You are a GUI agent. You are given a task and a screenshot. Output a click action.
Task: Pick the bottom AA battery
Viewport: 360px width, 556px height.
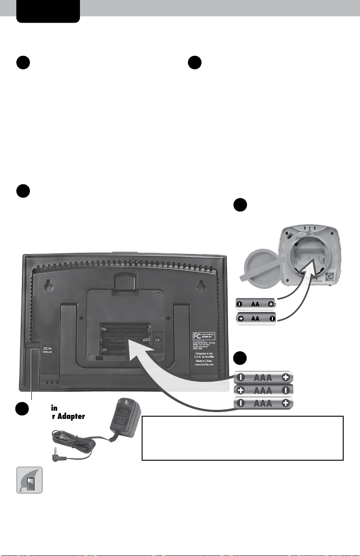click(256, 319)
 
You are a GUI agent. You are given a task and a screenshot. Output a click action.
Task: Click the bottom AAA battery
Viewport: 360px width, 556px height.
click(264, 403)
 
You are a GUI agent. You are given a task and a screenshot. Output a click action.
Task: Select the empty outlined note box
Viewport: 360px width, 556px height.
click(242, 438)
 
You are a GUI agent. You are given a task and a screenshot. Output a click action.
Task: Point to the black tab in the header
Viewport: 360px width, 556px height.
click(48, 10)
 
